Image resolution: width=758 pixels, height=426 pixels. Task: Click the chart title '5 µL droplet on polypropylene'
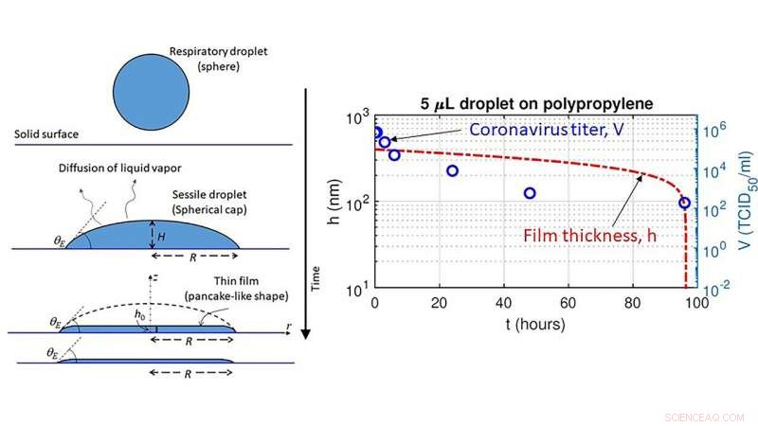[537, 103]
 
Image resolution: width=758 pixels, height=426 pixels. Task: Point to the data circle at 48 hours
[530, 193]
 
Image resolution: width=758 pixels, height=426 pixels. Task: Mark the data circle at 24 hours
[453, 170]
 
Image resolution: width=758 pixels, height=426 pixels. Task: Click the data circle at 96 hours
[684, 203]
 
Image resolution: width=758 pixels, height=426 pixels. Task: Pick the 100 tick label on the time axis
[696, 303]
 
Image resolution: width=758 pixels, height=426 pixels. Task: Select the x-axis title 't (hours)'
[535, 324]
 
